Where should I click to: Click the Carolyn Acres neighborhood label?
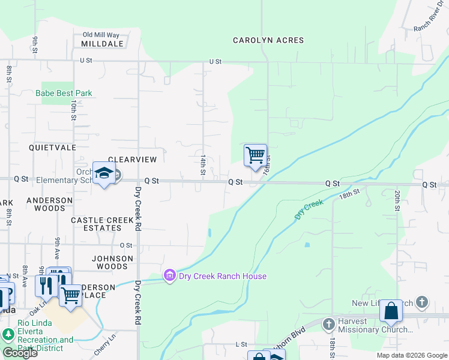pos(268,40)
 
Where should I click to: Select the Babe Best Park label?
pos(64,93)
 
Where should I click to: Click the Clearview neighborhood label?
pos(132,160)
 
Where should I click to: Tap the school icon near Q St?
pos(104,173)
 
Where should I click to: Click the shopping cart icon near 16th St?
pos(255,155)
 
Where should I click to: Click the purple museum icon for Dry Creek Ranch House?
pos(170,276)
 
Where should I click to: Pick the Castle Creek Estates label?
pos(102,224)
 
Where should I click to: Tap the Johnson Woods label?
pos(112,262)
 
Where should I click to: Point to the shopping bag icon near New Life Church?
pos(391,311)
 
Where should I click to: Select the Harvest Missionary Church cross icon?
pos(328,325)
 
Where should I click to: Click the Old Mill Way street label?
pos(101,35)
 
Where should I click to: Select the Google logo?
pos(20,353)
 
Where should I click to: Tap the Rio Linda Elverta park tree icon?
pos(8,334)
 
